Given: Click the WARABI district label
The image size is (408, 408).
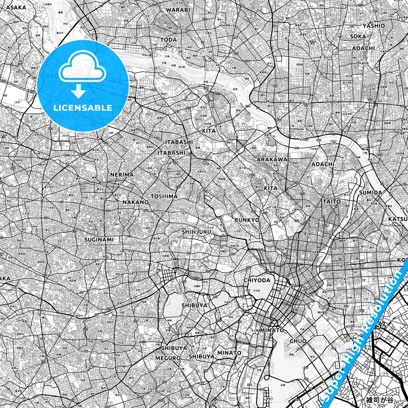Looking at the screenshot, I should (178, 10).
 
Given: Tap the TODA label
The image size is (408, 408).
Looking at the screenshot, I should (169, 40).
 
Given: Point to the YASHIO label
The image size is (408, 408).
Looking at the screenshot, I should (374, 26).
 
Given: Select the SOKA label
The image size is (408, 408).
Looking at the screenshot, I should (358, 36).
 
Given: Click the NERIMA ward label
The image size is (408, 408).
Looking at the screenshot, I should (122, 175).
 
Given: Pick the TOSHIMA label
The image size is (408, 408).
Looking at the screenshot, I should (164, 196).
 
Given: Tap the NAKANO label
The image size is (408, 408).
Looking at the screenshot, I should (136, 202).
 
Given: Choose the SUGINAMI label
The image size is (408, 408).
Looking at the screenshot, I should (99, 240).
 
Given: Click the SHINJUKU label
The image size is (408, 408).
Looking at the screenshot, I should (197, 232).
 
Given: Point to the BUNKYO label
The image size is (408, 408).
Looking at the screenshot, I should (247, 220).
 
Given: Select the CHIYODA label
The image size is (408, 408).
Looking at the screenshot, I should (257, 280).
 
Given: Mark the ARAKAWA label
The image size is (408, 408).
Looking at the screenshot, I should (272, 160).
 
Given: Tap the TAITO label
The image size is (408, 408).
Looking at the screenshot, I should (332, 202).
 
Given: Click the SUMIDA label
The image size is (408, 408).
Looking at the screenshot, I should (370, 193).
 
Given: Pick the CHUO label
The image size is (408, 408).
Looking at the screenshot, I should (298, 341).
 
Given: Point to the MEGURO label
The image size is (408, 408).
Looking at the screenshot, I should (168, 358).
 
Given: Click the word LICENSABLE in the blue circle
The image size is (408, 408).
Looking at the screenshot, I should (83, 108).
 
